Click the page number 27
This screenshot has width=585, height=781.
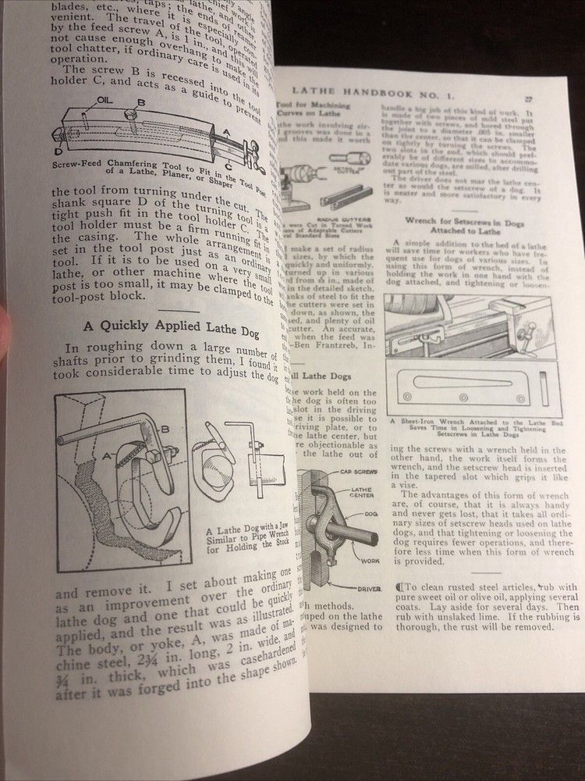[528, 99]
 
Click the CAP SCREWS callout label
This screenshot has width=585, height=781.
[356, 472]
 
